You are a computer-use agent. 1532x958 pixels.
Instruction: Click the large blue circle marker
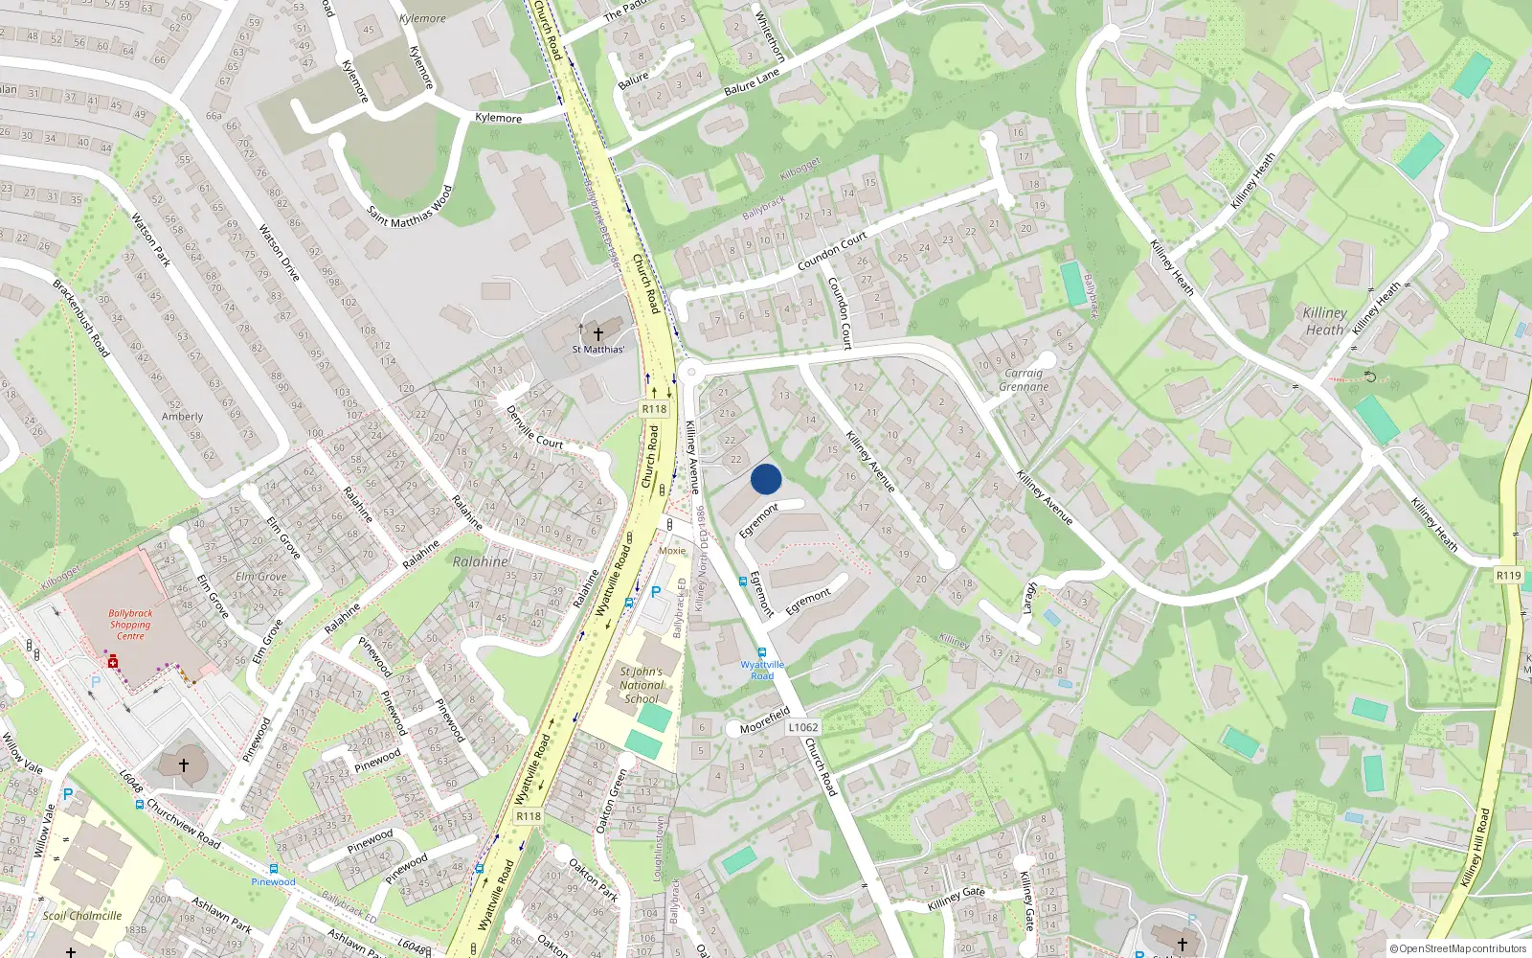click(766, 479)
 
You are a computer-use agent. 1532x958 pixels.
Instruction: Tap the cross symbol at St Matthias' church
click(598, 333)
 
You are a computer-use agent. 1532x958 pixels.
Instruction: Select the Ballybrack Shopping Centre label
click(130, 625)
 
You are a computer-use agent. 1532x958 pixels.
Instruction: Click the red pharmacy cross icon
click(113, 661)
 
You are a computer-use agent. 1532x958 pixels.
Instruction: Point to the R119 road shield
click(1508, 576)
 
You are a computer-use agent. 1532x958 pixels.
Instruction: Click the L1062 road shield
click(803, 727)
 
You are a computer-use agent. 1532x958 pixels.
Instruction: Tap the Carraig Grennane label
click(1024, 380)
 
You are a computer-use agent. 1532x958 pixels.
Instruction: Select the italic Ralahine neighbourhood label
click(480, 561)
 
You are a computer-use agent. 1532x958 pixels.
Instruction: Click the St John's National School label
click(641, 685)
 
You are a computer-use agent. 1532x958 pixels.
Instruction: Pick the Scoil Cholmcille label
click(82, 916)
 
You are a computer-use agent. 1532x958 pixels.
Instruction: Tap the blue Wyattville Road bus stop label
click(762, 670)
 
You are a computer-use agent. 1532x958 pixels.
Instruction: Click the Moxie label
click(672, 551)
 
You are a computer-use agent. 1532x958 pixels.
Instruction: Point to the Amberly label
click(182, 417)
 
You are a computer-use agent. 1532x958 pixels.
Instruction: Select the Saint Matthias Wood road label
click(409, 207)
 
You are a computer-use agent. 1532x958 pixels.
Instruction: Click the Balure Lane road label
click(752, 82)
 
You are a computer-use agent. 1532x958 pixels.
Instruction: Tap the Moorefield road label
click(764, 720)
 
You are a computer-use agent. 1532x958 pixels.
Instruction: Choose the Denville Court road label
click(534, 426)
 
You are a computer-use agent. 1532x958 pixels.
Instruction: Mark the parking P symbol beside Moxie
click(656, 592)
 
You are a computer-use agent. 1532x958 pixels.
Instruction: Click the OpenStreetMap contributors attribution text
click(1458, 949)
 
